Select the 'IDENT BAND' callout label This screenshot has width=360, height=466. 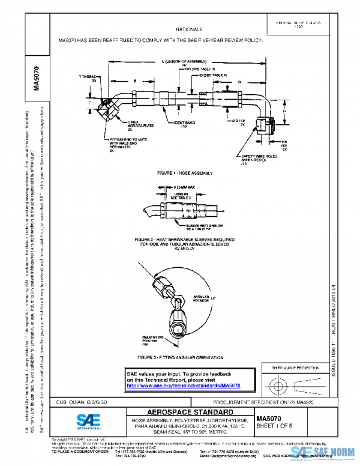click(184, 124)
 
